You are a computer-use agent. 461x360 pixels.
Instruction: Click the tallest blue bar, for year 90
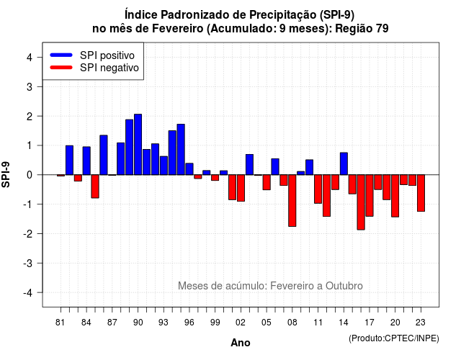pyautogui.click(x=138, y=144)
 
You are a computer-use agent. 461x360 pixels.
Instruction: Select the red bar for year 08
pyautogui.click(x=292, y=200)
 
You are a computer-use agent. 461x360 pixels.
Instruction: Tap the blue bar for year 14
pyautogui.click(x=344, y=163)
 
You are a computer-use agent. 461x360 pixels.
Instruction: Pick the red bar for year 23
pyautogui.click(x=421, y=193)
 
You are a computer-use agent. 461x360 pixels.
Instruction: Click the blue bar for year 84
pyautogui.click(x=86, y=161)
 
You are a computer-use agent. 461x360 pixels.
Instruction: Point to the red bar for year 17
pyautogui.click(x=370, y=195)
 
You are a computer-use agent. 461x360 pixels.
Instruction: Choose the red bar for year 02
pyautogui.click(x=241, y=188)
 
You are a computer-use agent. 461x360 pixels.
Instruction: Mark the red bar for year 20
pyautogui.click(x=395, y=196)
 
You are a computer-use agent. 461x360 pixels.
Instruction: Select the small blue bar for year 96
pyautogui.click(x=189, y=169)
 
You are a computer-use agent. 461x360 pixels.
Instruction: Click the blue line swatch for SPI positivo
pyautogui.click(x=61, y=55)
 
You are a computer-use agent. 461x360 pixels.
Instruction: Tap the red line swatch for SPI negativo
pyautogui.click(x=61, y=67)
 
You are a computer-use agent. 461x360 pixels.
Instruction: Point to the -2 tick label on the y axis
pyautogui.click(x=29, y=234)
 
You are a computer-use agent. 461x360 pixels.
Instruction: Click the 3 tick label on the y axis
pyautogui.click(x=30, y=87)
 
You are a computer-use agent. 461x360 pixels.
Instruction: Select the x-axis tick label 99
pyautogui.click(x=215, y=323)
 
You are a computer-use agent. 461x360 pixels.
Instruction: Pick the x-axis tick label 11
pyautogui.click(x=318, y=323)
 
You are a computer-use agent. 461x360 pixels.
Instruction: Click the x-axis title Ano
pyautogui.click(x=241, y=343)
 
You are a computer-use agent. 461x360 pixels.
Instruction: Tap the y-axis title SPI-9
pyautogui.click(x=6, y=175)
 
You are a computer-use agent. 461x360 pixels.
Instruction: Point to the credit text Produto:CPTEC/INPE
pyautogui.click(x=394, y=338)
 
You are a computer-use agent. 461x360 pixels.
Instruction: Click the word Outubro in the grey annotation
pyautogui.click(x=344, y=286)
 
